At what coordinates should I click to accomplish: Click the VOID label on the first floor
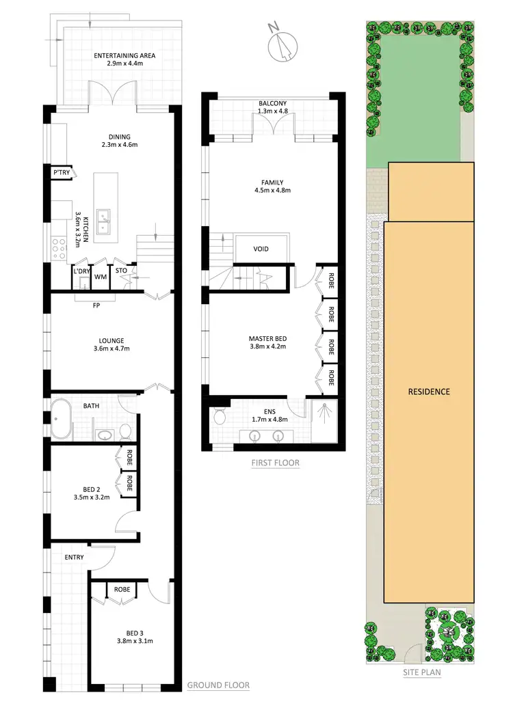pos(261,249)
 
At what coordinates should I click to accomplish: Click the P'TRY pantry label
pos(61,174)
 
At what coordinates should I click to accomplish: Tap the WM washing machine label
pos(100,277)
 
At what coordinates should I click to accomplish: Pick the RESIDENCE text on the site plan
pos(429,392)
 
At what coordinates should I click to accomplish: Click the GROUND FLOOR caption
pos(218,685)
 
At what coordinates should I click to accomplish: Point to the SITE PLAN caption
pos(422,672)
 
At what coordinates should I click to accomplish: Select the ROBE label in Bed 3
pos(122,589)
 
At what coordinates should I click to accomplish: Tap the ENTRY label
pos(74,558)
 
